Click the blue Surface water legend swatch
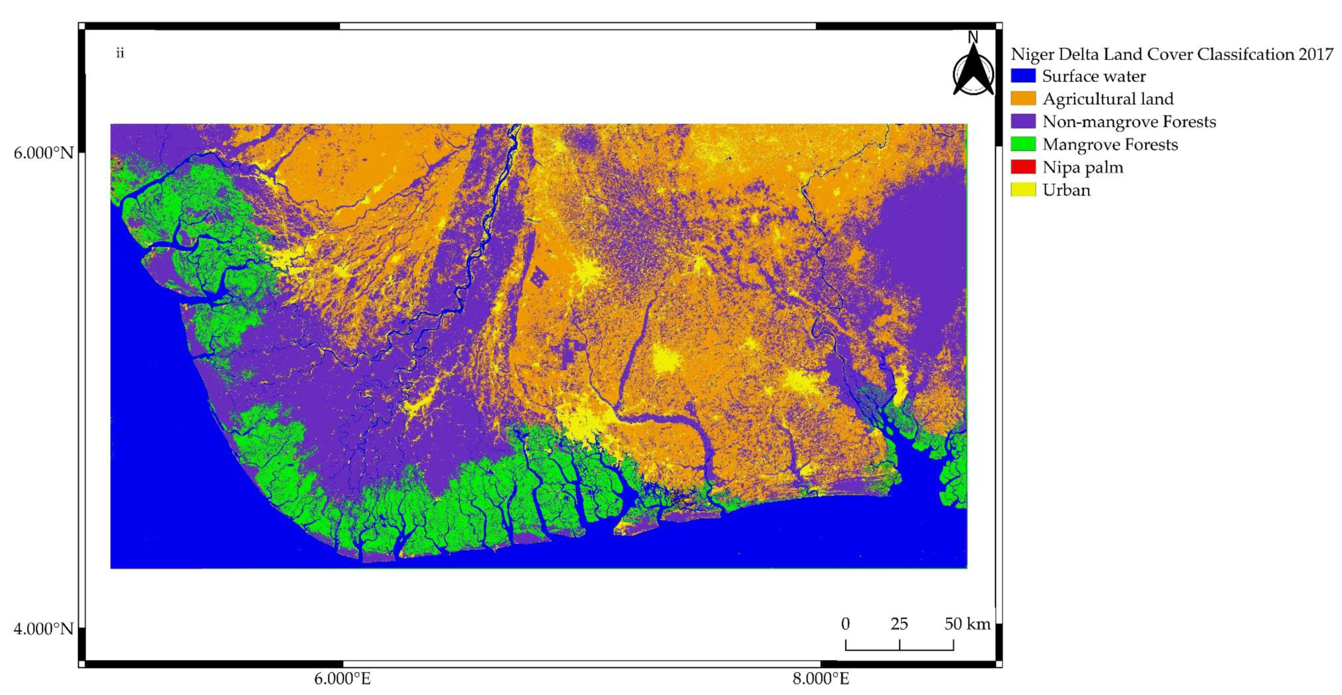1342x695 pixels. [1023, 76]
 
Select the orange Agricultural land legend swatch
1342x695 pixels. [1023, 98]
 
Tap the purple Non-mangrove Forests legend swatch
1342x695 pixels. [1023, 122]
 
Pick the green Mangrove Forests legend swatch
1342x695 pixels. [1023, 144]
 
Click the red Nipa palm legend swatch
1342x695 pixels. [1023, 167]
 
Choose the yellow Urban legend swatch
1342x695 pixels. [1023, 190]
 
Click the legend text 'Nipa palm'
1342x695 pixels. [1082, 167]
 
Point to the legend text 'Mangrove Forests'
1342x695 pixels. [1110, 144]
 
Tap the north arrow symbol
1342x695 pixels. [973, 73]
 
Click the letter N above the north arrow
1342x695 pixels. [973, 37]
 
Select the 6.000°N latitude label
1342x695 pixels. [44, 153]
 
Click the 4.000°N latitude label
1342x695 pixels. [44, 629]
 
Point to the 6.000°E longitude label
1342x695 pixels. [342, 679]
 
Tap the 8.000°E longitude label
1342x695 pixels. [821, 679]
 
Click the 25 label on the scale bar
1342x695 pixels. [899, 624]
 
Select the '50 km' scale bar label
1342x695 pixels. [967, 624]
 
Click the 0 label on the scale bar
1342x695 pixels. [845, 624]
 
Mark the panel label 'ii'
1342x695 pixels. [120, 53]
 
